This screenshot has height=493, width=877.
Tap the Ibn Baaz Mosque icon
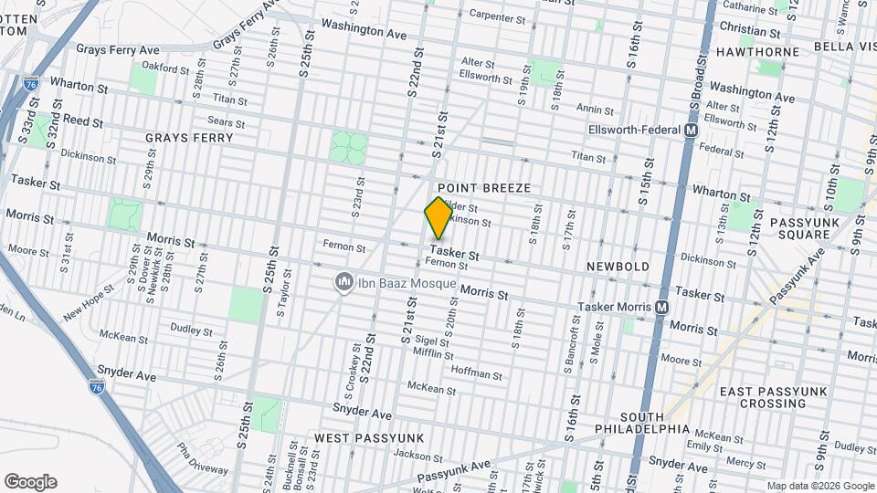tap(343, 280)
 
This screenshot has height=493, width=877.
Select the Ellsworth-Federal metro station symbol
tap(692, 131)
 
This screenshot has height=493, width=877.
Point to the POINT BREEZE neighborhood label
tap(484, 187)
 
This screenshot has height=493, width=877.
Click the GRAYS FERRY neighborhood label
tap(189, 138)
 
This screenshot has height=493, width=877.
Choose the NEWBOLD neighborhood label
tap(618, 266)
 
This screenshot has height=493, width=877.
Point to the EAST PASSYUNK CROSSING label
tap(773, 397)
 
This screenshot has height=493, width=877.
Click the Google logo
tap(30, 482)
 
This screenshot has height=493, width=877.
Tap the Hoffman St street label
tap(476, 374)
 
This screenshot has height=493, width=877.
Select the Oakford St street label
tap(164, 66)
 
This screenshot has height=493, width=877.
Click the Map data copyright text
tap(819, 486)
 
